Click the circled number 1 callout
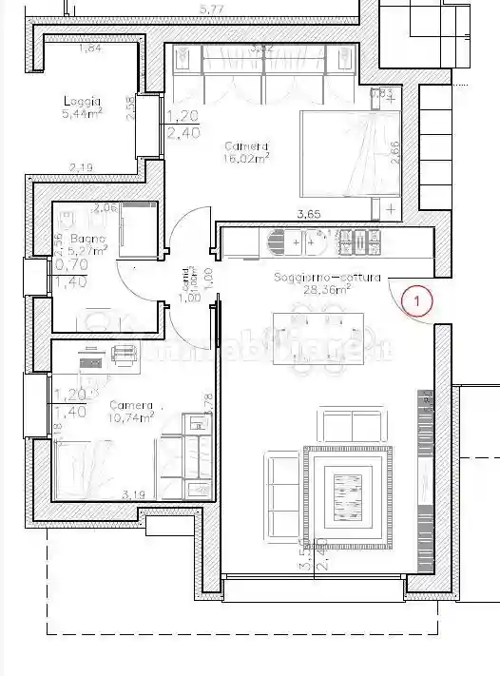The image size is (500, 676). (x=417, y=302)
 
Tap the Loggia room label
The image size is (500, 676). (x=83, y=102)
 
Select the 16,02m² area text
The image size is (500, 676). (x=247, y=159)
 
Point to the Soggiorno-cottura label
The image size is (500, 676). (x=327, y=278)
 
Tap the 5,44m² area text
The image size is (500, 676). (x=83, y=113)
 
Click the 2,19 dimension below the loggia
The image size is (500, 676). (x=82, y=168)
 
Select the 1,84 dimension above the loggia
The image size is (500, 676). (x=90, y=48)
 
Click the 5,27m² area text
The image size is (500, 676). (x=87, y=252)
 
